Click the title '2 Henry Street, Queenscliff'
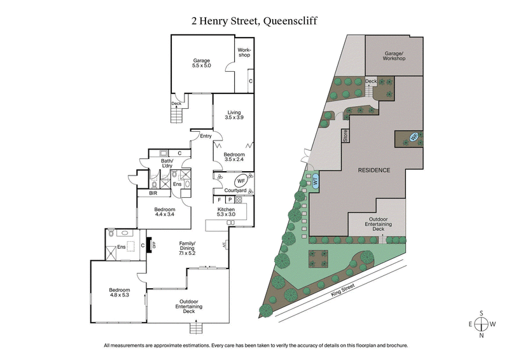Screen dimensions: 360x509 (254, 20)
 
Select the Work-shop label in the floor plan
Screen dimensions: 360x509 (244, 52)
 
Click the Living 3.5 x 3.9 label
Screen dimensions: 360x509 (234, 115)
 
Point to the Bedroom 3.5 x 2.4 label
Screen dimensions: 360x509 (234, 156)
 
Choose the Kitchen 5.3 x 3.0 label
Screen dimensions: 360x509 (227, 212)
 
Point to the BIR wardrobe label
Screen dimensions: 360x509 (153, 193)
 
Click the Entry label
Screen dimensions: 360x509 (206, 136)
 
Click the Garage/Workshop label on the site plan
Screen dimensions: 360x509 (393, 55)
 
